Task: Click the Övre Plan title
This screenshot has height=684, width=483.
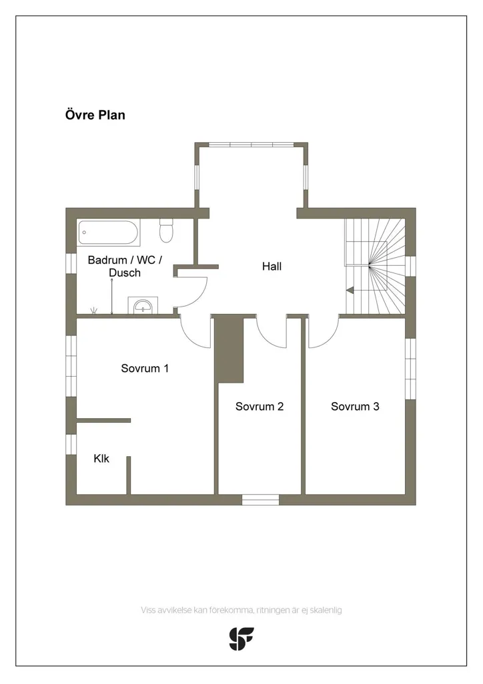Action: coord(95,115)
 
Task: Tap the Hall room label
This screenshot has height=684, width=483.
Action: coord(272,266)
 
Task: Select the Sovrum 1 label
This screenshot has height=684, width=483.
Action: coord(145,368)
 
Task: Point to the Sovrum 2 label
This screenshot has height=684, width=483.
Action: coord(260,406)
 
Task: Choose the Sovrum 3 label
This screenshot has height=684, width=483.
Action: coord(355,406)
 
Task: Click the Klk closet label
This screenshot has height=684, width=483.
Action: coord(101,458)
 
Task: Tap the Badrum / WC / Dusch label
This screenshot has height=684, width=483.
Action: coord(125,266)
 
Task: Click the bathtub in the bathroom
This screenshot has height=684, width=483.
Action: coord(109,232)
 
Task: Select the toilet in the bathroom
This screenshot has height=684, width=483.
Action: coord(166,230)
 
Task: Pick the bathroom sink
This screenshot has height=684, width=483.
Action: coord(143,305)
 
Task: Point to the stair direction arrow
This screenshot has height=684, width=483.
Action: coord(350,290)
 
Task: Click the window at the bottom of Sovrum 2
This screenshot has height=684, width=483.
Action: coord(260,500)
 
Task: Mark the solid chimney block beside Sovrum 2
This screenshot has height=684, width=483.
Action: coord(229,349)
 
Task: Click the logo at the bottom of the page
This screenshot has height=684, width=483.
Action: coord(241,639)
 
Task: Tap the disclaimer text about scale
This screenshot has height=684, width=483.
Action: coord(241,610)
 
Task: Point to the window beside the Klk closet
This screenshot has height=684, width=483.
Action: coord(71,444)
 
